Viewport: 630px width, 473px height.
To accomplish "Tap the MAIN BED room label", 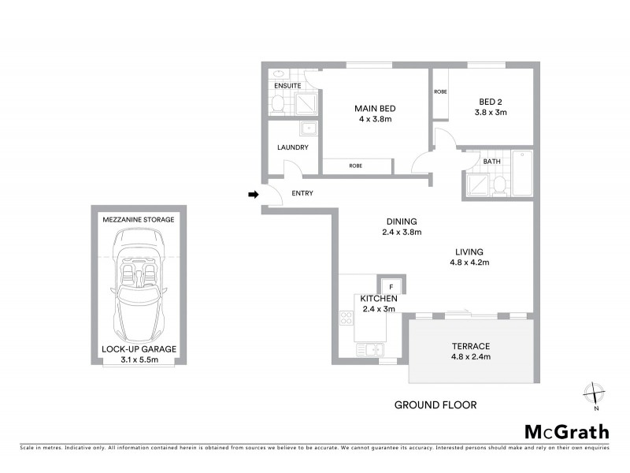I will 375,109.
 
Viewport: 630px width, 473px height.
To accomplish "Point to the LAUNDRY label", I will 292,147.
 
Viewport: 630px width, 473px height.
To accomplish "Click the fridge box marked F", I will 390,285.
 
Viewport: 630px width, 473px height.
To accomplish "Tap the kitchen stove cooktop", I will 346,318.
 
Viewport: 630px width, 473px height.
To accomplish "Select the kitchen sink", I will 369,348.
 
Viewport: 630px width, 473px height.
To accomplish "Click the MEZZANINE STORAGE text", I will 138,218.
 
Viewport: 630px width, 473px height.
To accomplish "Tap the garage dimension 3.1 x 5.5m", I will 138,360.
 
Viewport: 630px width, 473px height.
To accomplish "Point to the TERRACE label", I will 471,346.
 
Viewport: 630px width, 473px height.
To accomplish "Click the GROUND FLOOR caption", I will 435,405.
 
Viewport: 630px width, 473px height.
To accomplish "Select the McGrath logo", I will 566,431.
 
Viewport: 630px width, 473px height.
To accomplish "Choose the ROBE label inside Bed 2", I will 440,91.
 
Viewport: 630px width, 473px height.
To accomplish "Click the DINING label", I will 401,222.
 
